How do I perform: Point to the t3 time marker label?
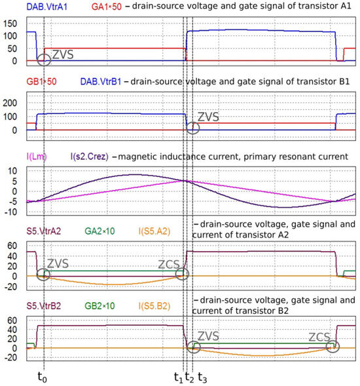pyautogui.click(x=203, y=377)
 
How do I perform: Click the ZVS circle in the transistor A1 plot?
pyautogui.click(x=44, y=60)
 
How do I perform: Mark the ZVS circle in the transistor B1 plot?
pyautogui.click(x=192, y=127)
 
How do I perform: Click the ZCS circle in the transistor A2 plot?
pyautogui.click(x=183, y=274)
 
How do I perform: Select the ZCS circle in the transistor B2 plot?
pyautogui.click(x=333, y=347)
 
